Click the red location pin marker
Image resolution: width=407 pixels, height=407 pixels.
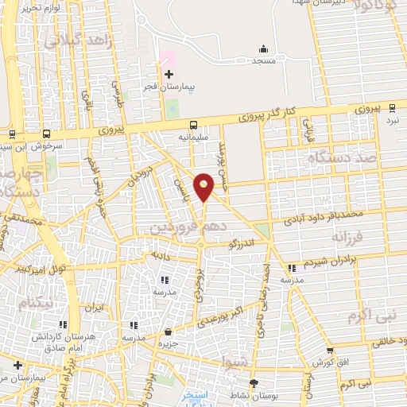(204, 186)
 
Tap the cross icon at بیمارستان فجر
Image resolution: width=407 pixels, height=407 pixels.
(169, 74)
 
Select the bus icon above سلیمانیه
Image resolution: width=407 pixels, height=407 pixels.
(193, 124)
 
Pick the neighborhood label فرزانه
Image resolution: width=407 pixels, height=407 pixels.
(349, 238)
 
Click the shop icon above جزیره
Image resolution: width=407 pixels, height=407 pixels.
(168, 332)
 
